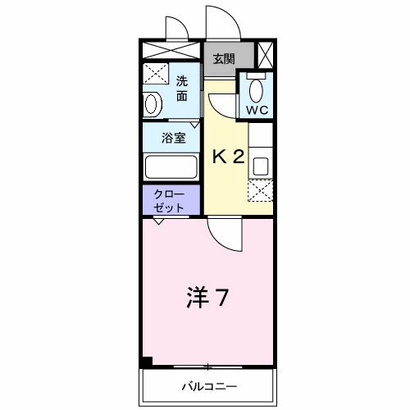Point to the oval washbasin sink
tap(152, 105)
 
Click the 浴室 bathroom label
tap(172, 138)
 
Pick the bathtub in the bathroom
tap(171, 166)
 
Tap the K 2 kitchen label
tap(228, 157)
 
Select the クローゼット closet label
tap(170, 200)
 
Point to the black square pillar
tap(146, 362)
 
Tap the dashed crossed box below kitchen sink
tap(261, 191)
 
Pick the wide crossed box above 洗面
tap(171, 49)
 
